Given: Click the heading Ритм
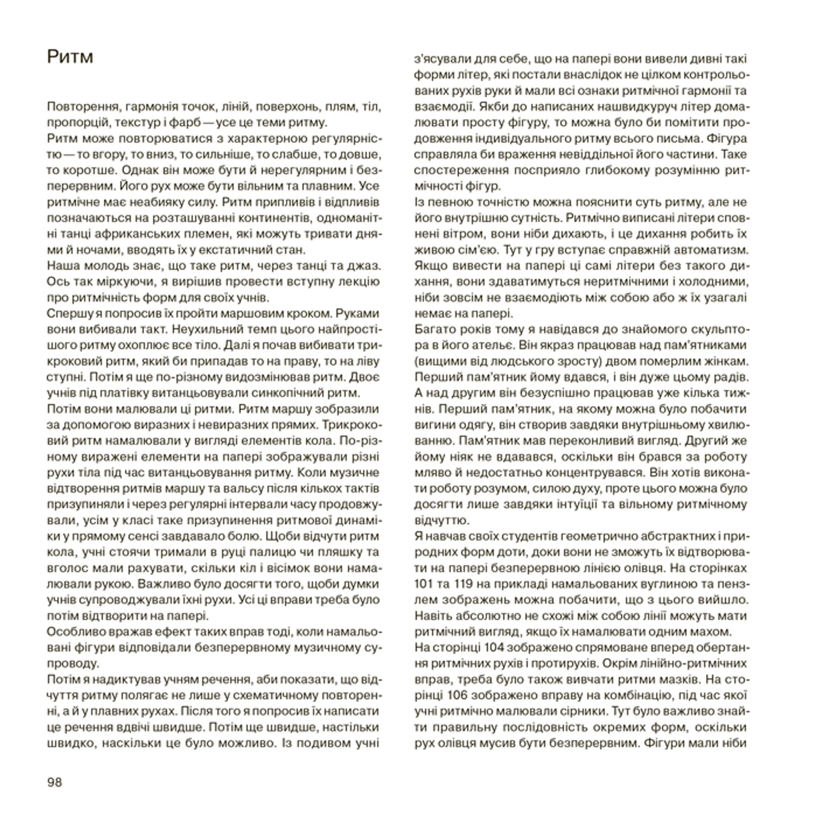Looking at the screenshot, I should (70, 57).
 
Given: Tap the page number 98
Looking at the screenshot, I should (54, 782).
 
